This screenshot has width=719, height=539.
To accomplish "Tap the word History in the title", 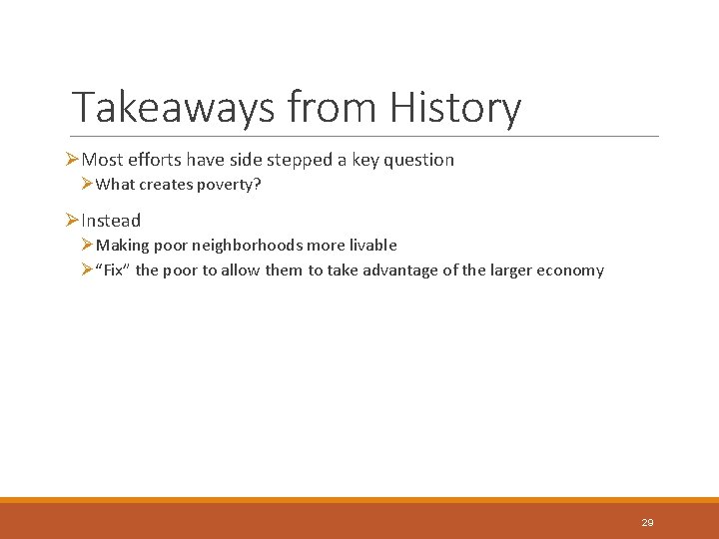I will click(x=455, y=108).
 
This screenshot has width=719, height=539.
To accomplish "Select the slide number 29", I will click(x=647, y=522).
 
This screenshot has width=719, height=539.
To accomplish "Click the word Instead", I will click(x=111, y=221).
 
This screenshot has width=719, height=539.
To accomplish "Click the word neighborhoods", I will click(x=251, y=246).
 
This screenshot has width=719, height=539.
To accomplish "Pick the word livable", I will click(x=371, y=246).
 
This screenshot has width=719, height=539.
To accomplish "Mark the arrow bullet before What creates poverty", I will click(x=88, y=185).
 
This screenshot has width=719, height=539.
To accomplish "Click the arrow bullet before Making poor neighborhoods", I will click(x=88, y=246).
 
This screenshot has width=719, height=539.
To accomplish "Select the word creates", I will click(x=167, y=185).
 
